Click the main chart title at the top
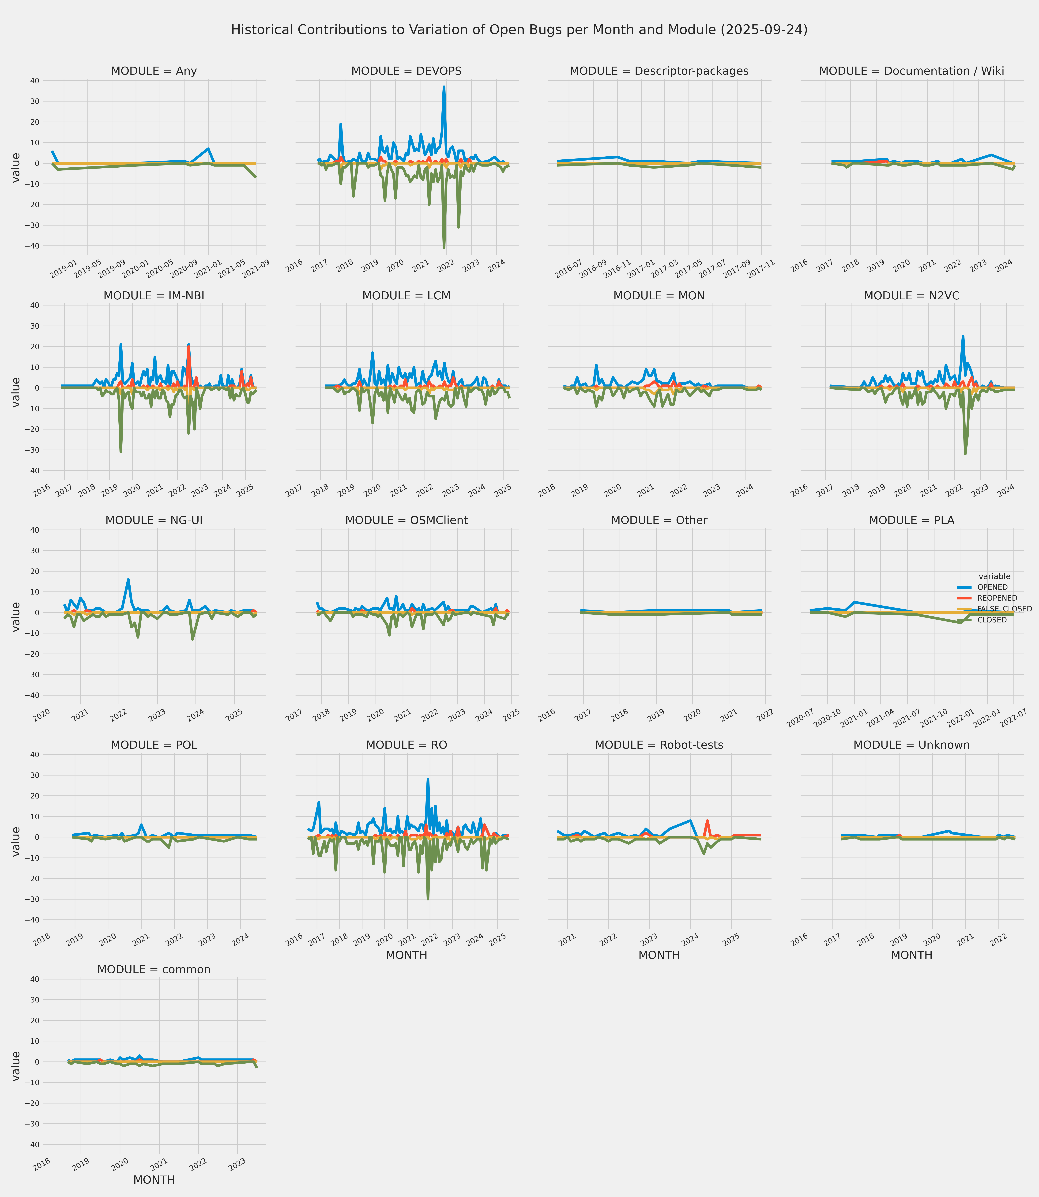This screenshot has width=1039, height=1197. (x=519, y=30)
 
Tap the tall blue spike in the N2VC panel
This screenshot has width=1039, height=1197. (x=963, y=336)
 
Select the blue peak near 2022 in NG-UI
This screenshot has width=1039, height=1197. (x=128, y=580)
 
